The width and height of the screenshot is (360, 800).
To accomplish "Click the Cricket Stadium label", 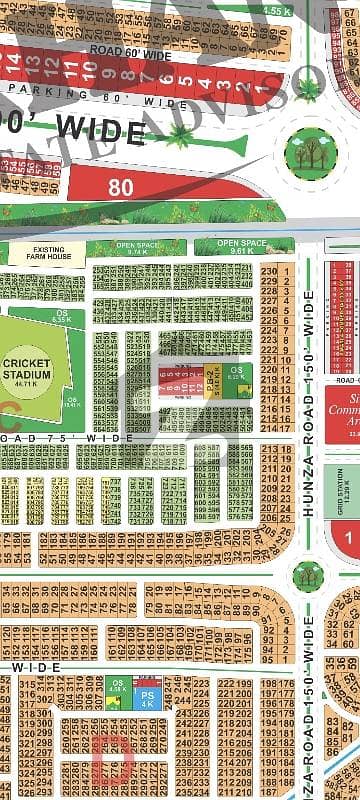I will coord(28,366).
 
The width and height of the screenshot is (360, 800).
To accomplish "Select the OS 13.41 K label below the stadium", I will coord(71,401).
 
